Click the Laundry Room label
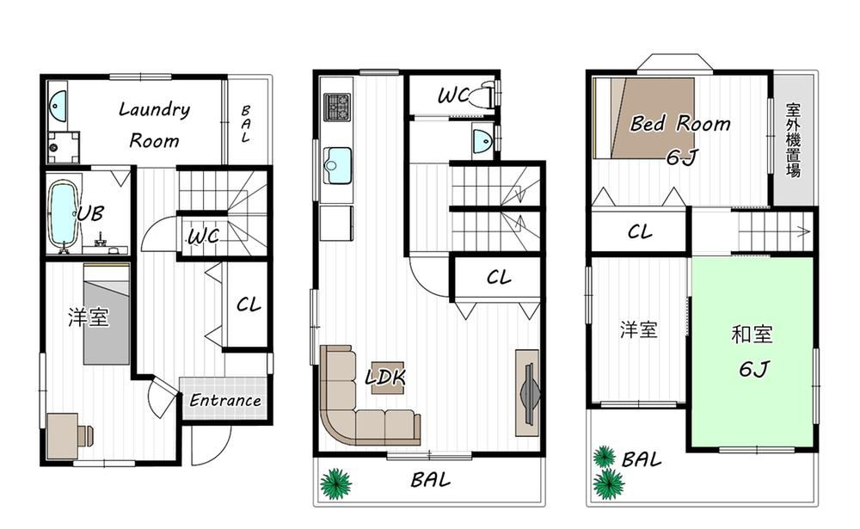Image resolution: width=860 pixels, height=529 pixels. [x=154, y=124]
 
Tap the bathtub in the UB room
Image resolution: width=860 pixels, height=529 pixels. [x=63, y=215]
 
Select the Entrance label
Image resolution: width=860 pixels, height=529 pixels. [x=224, y=401]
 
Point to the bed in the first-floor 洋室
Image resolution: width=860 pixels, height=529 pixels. [x=107, y=313]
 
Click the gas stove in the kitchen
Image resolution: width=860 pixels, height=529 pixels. [x=336, y=108]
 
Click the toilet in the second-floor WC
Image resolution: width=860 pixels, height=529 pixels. [x=488, y=94]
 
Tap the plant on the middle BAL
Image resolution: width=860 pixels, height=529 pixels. [x=335, y=483]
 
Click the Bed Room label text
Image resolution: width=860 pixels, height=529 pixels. [x=679, y=124]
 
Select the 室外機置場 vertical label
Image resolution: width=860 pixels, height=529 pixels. [x=793, y=140]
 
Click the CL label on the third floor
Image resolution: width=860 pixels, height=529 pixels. [x=640, y=232]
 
